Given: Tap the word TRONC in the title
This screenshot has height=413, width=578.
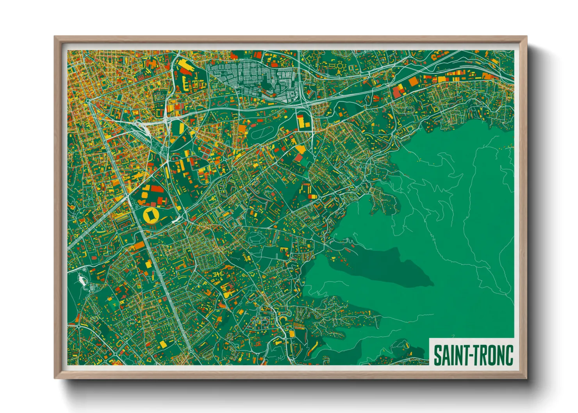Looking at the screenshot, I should click(x=494, y=355).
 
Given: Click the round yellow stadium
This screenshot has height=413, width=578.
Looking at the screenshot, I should click(x=150, y=215).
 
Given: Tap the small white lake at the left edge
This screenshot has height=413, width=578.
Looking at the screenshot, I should click(x=82, y=279).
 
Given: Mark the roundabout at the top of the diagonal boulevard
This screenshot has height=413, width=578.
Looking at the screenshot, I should click(x=89, y=101).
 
